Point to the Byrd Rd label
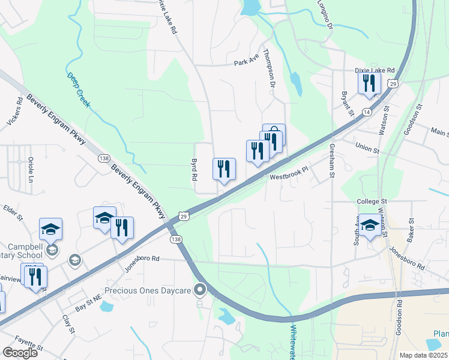194,170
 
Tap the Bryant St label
346,101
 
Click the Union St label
368,148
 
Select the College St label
373,202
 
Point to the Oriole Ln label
30,170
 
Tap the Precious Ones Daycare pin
200,290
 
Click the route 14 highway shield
367,112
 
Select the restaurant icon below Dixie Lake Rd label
369,83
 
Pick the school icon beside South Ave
370,224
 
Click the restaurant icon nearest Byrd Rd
224,169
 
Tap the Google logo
20,352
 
